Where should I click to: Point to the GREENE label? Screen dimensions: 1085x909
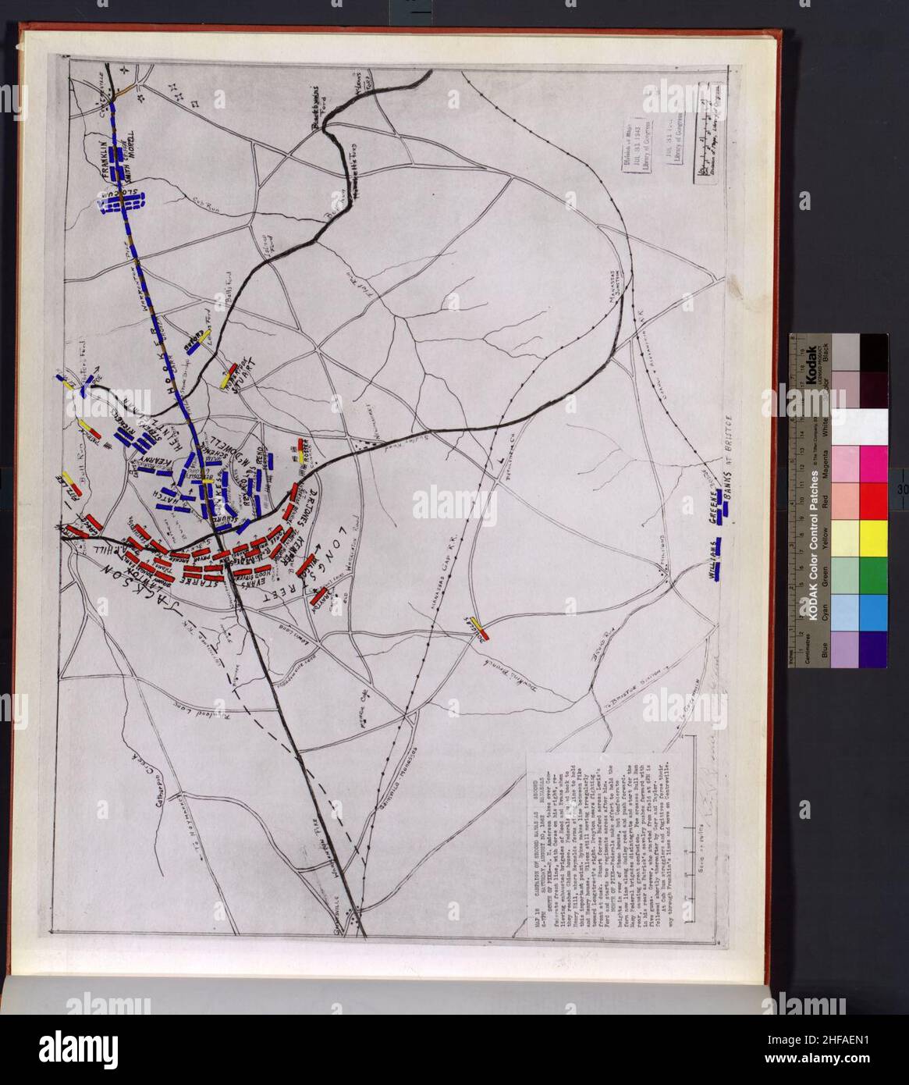(712, 503)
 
